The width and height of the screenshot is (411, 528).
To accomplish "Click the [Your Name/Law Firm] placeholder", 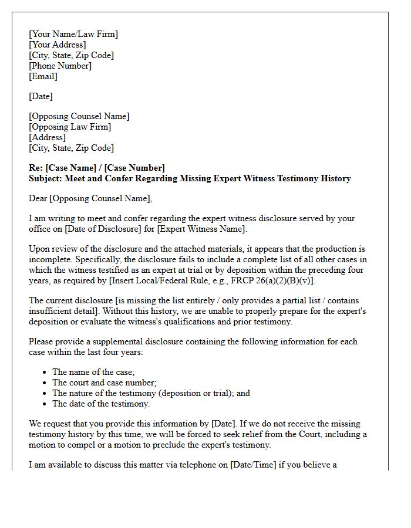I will (x=73, y=34).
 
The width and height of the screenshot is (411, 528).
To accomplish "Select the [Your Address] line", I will (x=57, y=45).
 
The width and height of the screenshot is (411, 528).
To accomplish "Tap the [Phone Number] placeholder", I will (x=60, y=66).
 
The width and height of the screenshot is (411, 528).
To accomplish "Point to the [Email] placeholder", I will (x=43, y=76).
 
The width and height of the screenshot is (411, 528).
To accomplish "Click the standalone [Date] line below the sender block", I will (x=41, y=96).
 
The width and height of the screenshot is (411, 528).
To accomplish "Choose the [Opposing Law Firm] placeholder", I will (x=70, y=127).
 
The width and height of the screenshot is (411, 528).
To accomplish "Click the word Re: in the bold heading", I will (x=36, y=168).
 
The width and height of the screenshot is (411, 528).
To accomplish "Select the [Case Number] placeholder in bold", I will (x=134, y=168).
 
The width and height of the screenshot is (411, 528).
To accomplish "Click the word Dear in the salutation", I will (x=38, y=198).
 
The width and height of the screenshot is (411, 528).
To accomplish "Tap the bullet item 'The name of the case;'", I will (x=93, y=372).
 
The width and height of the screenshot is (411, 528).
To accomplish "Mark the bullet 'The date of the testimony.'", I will (x=101, y=404).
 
